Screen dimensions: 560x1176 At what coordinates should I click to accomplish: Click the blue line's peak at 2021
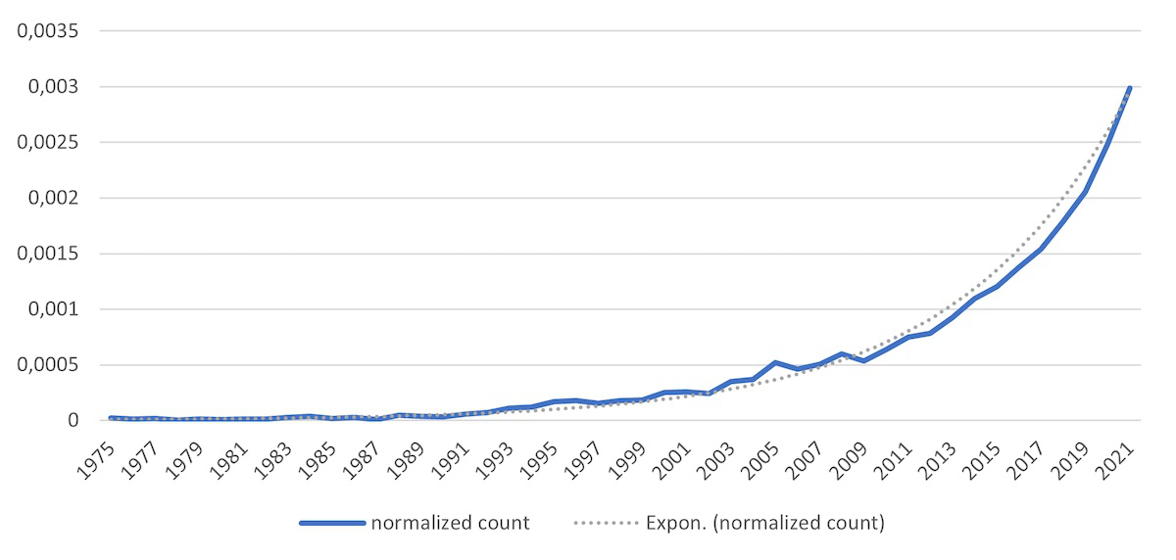[x=1129, y=88]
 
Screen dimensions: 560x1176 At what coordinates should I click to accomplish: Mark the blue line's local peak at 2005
[x=775, y=362]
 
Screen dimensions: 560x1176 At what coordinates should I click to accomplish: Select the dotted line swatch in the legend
[x=605, y=524]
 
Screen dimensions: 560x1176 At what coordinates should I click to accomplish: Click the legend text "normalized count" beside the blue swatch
[x=450, y=524]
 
